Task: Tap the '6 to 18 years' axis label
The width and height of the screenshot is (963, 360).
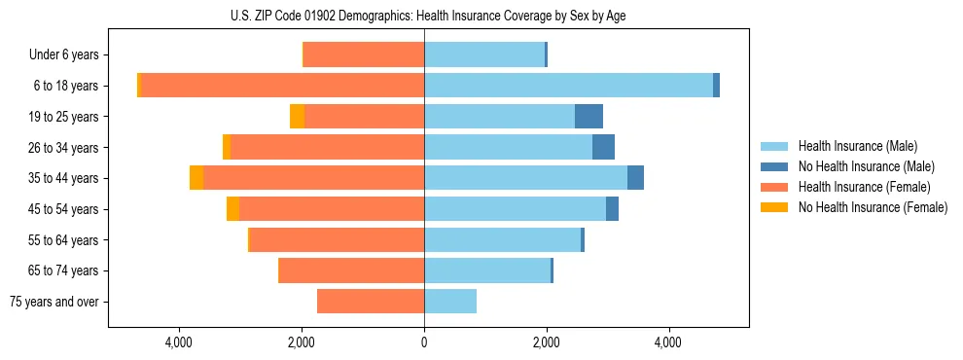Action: [x=66, y=86]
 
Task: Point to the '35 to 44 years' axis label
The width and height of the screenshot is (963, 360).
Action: [x=63, y=178]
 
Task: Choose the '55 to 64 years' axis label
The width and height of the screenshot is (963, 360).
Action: [x=63, y=240]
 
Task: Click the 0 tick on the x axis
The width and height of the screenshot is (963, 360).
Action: [x=424, y=342]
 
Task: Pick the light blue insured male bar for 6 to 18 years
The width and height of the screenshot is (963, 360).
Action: [x=568, y=86]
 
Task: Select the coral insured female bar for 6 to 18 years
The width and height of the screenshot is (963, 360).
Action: [x=282, y=86]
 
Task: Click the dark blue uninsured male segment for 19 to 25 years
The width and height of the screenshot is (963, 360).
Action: [x=588, y=117]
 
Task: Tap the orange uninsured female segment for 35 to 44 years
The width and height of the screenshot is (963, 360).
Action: [x=196, y=178]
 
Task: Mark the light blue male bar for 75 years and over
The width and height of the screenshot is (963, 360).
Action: [x=450, y=302]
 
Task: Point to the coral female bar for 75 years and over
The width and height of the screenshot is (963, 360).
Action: [x=371, y=302]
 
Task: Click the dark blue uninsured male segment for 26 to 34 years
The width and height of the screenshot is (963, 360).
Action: [x=603, y=147]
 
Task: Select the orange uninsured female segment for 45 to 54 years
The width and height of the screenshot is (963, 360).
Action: [x=232, y=209]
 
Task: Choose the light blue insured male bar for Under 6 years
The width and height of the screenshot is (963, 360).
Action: [x=484, y=55]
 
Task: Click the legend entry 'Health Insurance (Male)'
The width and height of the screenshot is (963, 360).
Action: [x=858, y=146]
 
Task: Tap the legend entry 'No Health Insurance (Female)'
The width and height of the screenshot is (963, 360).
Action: [x=873, y=207]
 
